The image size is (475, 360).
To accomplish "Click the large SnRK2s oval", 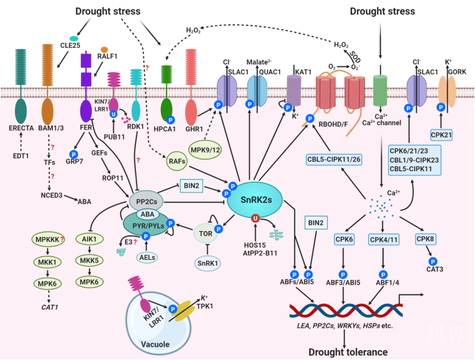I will (254, 200).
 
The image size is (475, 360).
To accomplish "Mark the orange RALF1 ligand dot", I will (104, 49).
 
